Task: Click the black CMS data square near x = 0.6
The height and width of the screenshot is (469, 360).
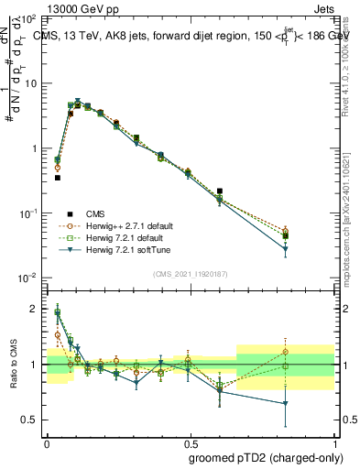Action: pyautogui.click(x=220, y=191)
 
